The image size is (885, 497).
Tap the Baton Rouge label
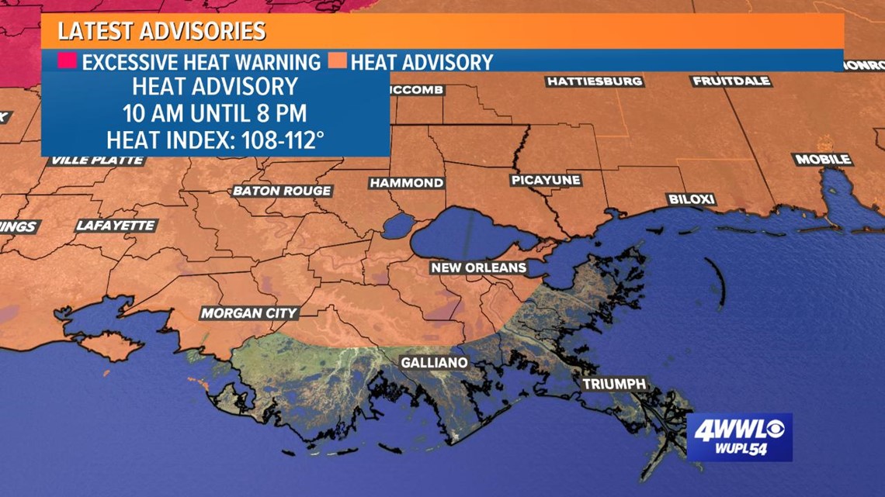[282, 191]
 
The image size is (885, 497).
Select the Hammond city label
[406, 183]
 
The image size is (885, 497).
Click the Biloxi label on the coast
[691, 199]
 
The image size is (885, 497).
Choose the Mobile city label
[822, 160]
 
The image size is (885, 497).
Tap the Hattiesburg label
[595, 81]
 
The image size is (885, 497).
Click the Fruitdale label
[731, 81]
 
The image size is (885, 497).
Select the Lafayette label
[116, 226]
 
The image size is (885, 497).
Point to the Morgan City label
[248, 313]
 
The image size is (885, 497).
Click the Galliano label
[434, 362]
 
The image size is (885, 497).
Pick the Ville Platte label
[98, 160]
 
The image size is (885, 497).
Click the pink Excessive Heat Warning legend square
[68, 61]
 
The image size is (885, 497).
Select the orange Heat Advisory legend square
[338, 61]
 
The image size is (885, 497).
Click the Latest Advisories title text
[161, 32]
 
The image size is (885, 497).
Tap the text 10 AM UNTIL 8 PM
[215, 113]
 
